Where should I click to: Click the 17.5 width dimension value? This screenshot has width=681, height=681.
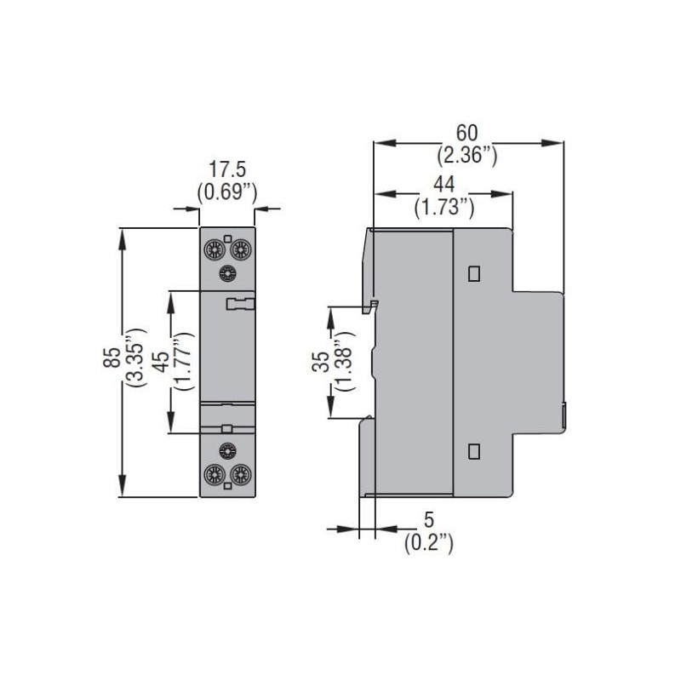[x=226, y=171]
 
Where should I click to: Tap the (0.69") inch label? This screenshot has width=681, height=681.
[x=226, y=192]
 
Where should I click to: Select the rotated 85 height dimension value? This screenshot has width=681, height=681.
[x=112, y=358]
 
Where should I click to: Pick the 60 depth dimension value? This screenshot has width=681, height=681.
[x=466, y=133]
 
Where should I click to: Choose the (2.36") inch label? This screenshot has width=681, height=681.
[x=466, y=155]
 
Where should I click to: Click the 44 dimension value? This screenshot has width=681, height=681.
[x=444, y=183]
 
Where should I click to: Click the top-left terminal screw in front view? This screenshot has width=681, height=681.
[x=213, y=249]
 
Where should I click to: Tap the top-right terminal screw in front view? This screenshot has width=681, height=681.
[x=241, y=249]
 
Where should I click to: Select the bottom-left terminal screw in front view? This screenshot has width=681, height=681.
[x=213, y=474]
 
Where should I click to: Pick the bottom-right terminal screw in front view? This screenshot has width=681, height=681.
[x=241, y=474]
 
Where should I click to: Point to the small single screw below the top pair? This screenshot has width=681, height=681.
[x=227, y=272]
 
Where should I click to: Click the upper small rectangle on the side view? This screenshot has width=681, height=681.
[x=474, y=273]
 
